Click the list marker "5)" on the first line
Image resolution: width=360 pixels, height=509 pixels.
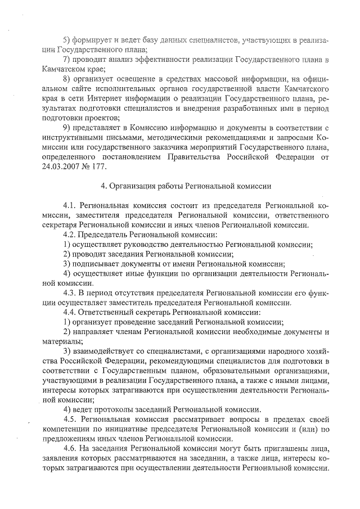(x=67, y=40)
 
